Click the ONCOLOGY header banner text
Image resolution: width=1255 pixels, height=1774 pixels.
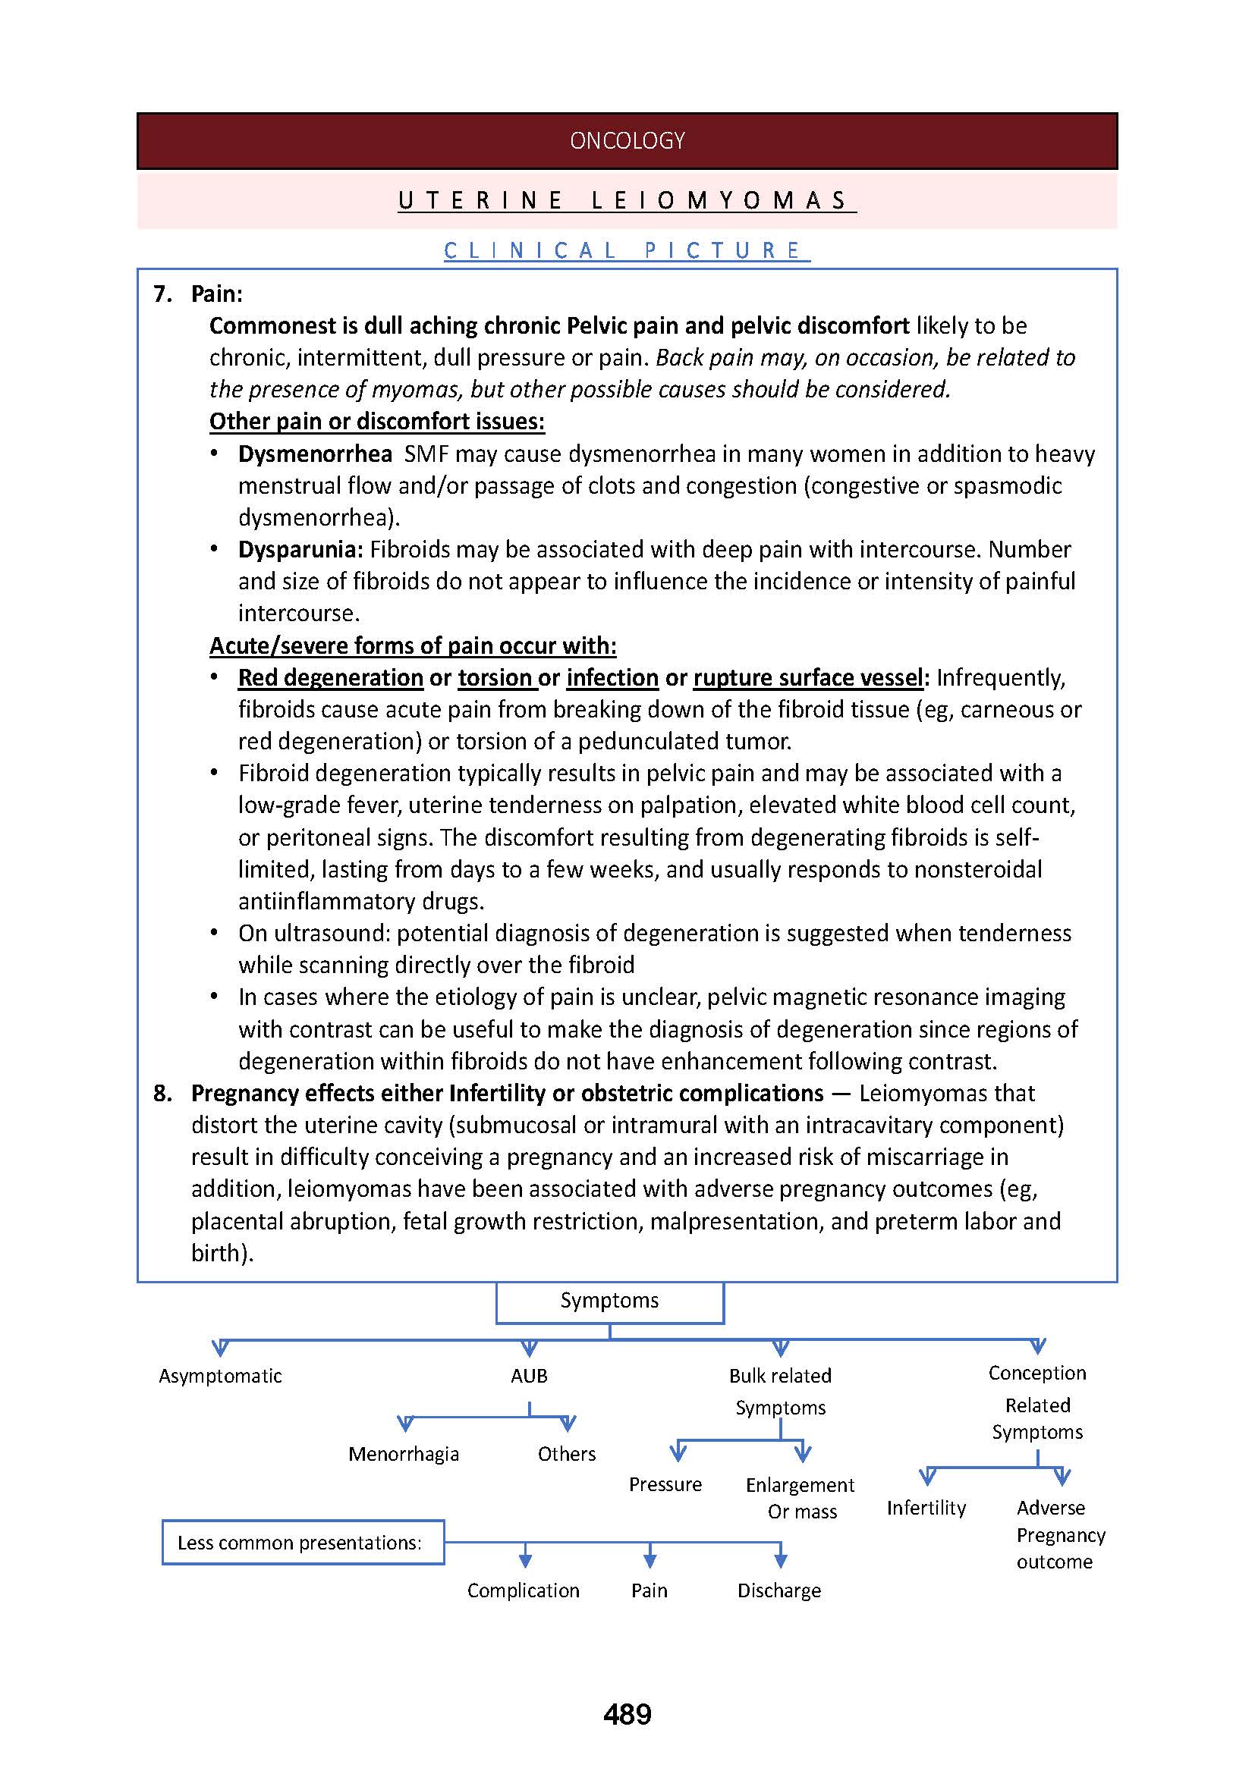[627, 140]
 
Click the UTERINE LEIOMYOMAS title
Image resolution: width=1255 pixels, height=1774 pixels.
[627, 201]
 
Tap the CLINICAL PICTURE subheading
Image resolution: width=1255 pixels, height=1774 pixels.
[627, 250]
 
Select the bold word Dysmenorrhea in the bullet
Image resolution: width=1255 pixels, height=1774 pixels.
[315, 454]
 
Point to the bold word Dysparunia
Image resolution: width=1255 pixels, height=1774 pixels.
[300, 549]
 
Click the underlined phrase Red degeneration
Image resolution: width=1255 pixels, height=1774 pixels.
[330, 677]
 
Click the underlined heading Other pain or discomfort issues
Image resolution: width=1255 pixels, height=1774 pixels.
[377, 421]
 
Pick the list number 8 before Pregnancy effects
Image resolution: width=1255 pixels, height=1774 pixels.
[162, 1094]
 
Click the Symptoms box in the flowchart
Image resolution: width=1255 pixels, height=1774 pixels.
[609, 1301]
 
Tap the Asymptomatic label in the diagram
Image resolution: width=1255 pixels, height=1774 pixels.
[220, 1376]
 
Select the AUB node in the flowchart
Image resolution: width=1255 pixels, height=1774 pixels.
[530, 1376]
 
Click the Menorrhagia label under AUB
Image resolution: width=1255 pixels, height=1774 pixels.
[404, 1454]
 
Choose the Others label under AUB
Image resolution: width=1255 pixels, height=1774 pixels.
[567, 1454]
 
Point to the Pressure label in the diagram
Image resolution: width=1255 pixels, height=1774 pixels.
[665, 1484]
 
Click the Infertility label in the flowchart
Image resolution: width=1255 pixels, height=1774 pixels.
[926, 1508]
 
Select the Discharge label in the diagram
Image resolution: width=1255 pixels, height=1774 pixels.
[779, 1590]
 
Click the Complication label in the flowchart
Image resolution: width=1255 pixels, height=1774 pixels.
[524, 1590]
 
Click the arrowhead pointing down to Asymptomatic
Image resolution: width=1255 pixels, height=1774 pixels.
[220, 1349]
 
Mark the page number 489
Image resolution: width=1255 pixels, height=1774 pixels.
[627, 1715]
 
